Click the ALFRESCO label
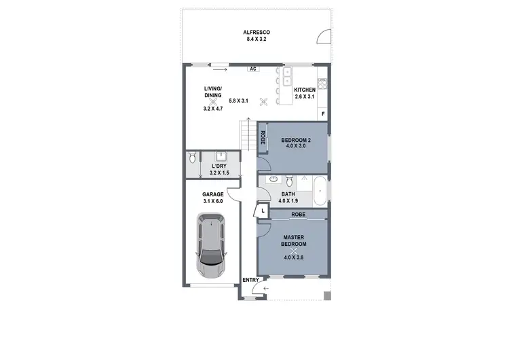257,32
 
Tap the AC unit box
252,69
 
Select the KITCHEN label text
305,90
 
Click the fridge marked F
323,113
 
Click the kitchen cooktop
324,85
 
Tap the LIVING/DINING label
213,92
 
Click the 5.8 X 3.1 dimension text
239,101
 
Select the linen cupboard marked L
263,212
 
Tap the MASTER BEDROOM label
295,240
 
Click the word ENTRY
250,280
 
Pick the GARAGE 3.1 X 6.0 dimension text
213,201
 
